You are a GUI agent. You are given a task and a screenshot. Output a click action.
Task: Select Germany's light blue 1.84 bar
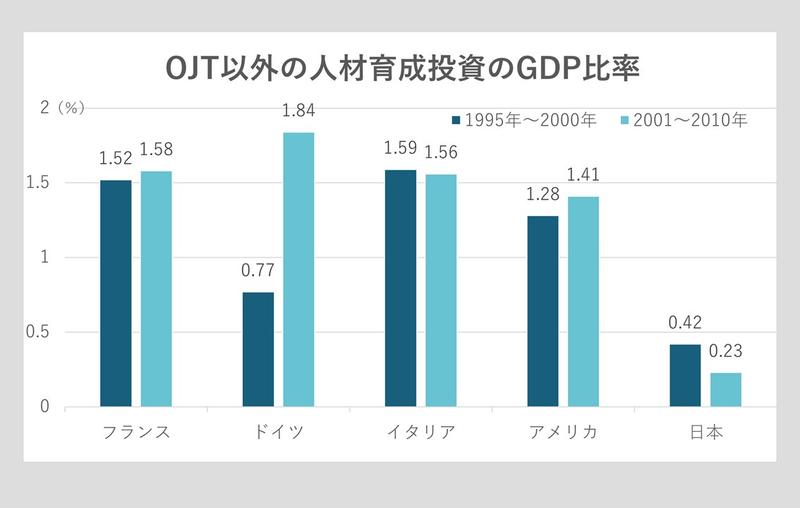[x=298, y=269]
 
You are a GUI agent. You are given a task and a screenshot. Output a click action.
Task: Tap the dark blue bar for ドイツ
[x=257, y=349]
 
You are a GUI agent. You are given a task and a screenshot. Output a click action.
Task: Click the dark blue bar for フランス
[x=115, y=293]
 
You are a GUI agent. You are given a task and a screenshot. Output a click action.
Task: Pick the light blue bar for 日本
[x=725, y=389]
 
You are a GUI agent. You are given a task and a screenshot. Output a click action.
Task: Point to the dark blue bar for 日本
[x=684, y=375]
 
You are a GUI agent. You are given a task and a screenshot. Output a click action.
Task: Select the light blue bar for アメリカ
[x=583, y=301]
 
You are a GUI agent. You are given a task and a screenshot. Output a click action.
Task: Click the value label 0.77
[x=257, y=270]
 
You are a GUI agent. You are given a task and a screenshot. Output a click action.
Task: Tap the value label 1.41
[x=583, y=176]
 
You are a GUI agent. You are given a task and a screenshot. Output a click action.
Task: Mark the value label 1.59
[x=400, y=149]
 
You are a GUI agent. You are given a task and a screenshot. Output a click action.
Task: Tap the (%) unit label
[x=72, y=109]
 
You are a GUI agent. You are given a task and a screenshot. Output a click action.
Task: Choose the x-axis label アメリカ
[x=563, y=432]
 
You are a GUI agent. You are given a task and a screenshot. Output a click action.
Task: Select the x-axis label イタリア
[x=420, y=432]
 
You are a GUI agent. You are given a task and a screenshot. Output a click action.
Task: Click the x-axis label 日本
[x=705, y=432]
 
